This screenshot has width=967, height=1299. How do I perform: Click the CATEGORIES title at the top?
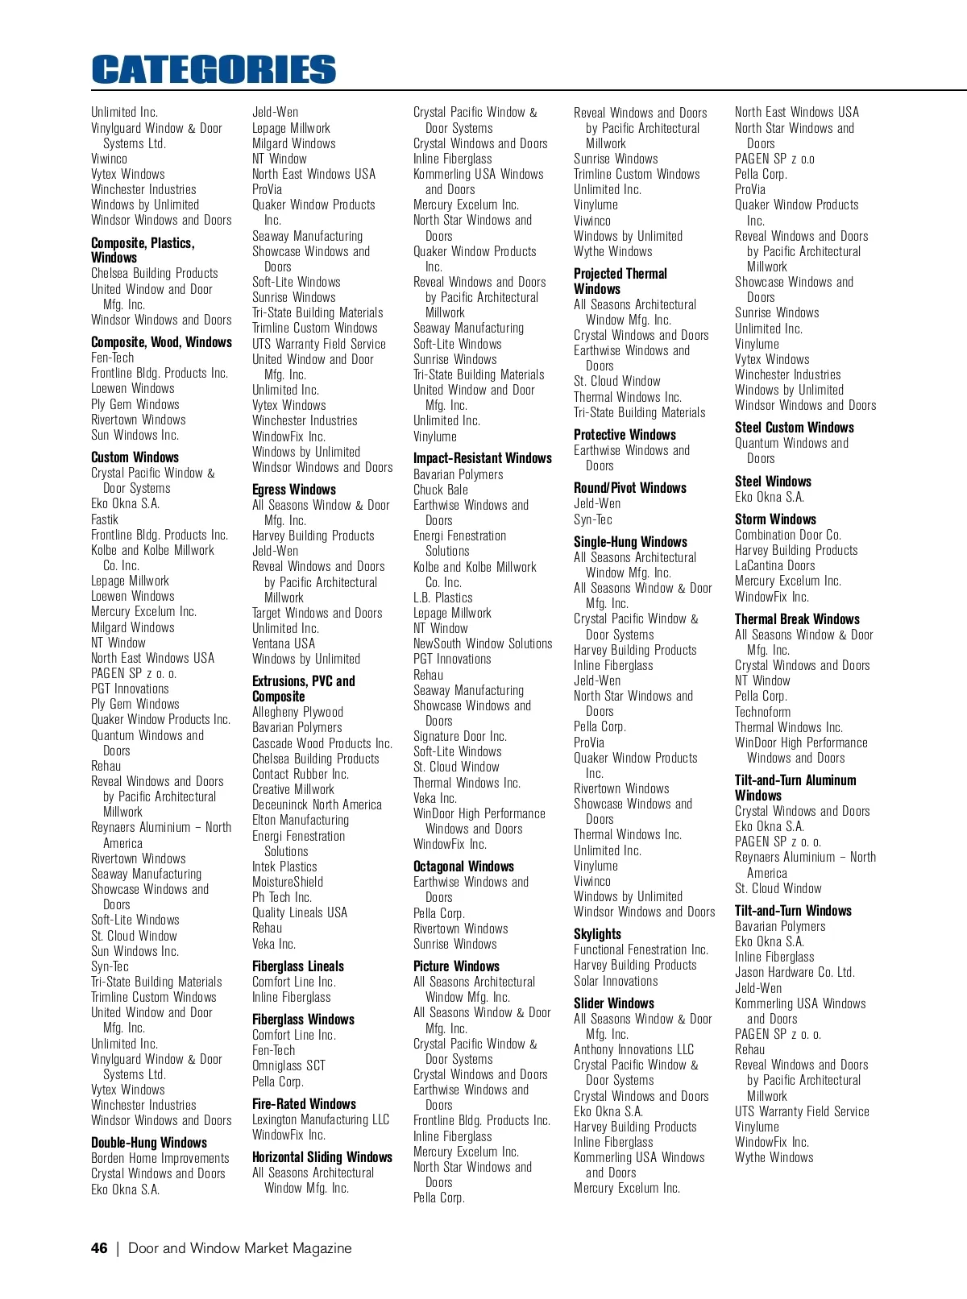tap(214, 69)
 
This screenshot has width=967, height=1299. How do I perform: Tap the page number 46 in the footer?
tap(99, 1248)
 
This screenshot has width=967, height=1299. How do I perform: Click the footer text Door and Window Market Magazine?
tap(240, 1248)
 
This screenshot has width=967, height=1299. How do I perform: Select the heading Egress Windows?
tap(294, 490)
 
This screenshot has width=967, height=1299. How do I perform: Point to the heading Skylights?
tap(597, 934)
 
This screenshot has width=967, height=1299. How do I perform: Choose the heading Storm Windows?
tap(775, 519)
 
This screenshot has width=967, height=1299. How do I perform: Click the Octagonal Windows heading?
tap(463, 867)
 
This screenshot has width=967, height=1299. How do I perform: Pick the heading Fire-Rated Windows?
tap(304, 1104)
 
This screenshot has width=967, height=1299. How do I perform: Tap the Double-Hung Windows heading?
tap(149, 1143)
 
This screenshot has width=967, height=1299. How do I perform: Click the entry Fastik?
tap(105, 519)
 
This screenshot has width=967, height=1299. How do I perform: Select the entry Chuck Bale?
tap(441, 490)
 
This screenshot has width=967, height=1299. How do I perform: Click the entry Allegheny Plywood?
tap(297, 712)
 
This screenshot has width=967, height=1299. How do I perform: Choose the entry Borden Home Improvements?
tap(160, 1158)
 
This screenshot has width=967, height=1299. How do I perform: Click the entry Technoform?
tap(762, 712)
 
